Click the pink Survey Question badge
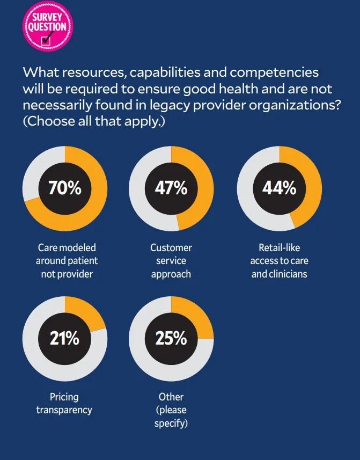point(48,26)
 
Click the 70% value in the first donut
point(64,188)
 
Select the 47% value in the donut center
point(171,188)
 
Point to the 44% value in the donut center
point(279,188)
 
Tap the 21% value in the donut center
point(64,338)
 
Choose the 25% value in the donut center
point(171,338)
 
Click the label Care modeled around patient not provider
point(67,261)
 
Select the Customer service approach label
point(171,261)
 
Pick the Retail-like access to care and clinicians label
point(279,261)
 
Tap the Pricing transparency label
point(64,403)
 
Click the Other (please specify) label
point(171,410)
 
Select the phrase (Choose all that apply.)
point(93,122)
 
